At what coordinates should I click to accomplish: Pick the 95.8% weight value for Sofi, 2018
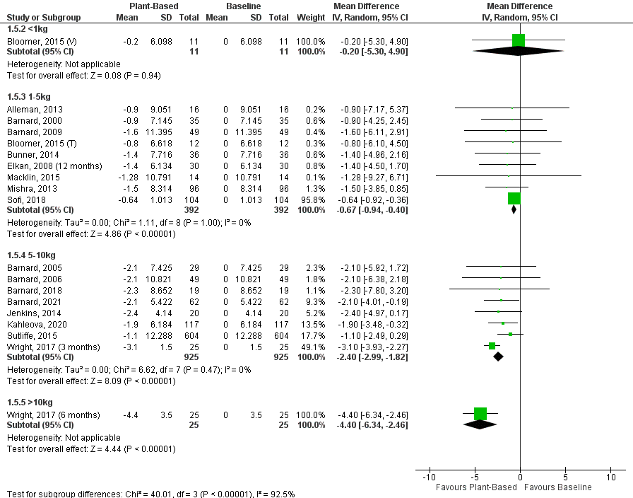pyautogui.click(x=312, y=200)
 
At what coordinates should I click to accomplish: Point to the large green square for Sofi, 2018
pyautogui.click(x=514, y=199)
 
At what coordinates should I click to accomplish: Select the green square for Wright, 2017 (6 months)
pyautogui.click(x=480, y=414)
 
